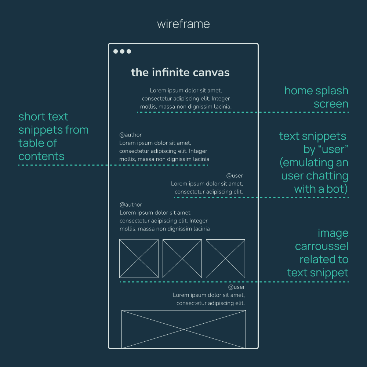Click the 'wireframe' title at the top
183,24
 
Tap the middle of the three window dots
122,51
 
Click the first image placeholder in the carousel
139,258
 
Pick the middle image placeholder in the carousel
182,258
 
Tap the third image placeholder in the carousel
225,258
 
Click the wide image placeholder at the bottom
183,329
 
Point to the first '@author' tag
130,135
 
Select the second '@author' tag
131,205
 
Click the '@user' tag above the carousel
235,176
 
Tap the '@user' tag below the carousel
236,287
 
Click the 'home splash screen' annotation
316,97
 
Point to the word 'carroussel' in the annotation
321,246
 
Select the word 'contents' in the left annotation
41,156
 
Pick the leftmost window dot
116,51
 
